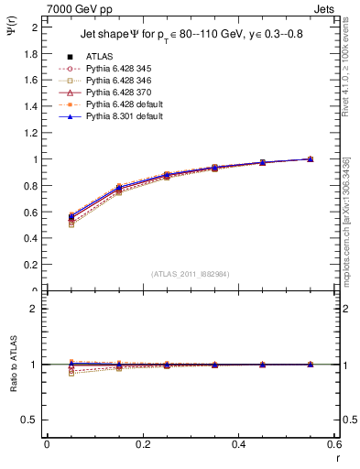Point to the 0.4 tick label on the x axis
point(238,444)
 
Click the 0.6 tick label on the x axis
point(333,444)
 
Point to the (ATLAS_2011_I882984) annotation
point(189,273)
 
